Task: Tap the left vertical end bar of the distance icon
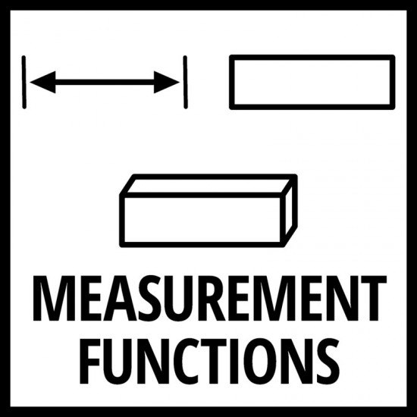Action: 24,82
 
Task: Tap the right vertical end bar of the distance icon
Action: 185,82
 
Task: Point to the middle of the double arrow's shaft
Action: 105,82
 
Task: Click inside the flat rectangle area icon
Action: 312,82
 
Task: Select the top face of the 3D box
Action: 208,186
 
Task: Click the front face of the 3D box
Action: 202,220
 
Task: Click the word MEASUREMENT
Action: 209,299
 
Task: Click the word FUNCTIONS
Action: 209,362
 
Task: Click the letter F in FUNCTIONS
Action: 92,362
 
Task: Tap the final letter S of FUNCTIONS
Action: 327,362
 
